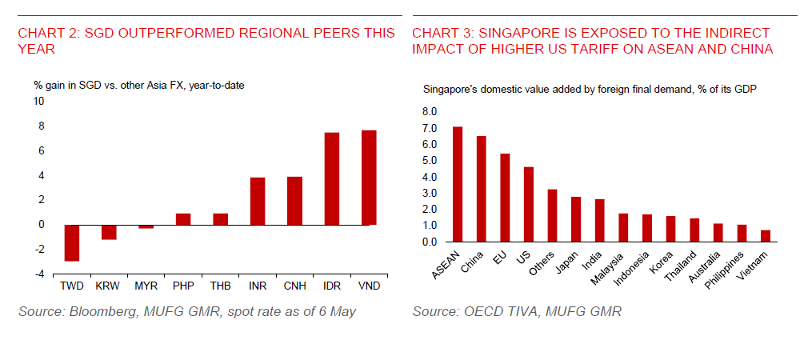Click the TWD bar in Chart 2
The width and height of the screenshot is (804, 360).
click(x=72, y=242)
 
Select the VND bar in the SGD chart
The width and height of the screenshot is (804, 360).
click(x=369, y=178)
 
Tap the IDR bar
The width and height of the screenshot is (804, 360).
click(x=332, y=178)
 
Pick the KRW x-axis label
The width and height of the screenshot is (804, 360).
click(x=109, y=286)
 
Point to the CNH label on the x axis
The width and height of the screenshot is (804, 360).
click(x=294, y=286)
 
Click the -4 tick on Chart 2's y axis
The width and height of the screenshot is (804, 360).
click(x=38, y=274)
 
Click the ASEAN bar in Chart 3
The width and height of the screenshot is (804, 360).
click(x=458, y=184)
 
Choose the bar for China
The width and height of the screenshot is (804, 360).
click(x=481, y=189)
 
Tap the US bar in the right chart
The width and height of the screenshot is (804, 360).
click(x=528, y=204)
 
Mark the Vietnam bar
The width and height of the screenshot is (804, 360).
click(x=764, y=236)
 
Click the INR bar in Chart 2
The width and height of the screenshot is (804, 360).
click(x=258, y=201)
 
